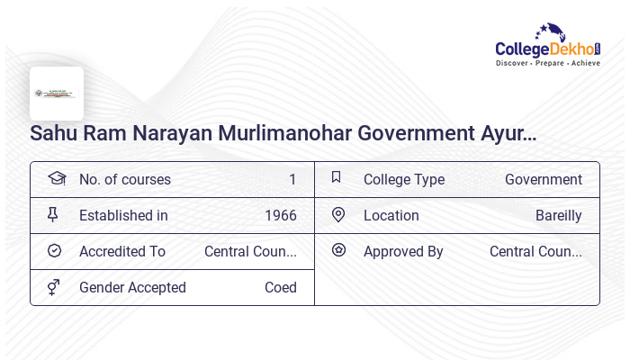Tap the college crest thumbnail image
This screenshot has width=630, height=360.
coord(57,94)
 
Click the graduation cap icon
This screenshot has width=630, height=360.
coord(57,178)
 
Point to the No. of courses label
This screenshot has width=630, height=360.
coord(125,179)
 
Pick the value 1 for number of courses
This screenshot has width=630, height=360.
coord(292,179)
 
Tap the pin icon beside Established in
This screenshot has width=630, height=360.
coord(53,214)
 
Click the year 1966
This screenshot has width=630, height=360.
coord(281,215)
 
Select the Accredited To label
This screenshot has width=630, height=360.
coord(122,251)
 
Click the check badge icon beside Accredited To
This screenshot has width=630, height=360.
coord(54,250)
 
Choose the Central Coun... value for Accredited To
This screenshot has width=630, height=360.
coord(250,251)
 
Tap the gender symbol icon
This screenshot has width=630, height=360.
coord(54,286)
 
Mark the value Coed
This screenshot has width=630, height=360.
coord(281,287)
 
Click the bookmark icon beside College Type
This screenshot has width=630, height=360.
coord(337,177)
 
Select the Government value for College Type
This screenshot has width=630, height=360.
coord(544,179)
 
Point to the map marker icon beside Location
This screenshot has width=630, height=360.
coord(338,214)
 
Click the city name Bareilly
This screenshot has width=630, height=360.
coord(559,215)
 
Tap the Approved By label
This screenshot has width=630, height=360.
coord(403,251)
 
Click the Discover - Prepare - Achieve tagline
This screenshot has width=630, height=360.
coord(548,63)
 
